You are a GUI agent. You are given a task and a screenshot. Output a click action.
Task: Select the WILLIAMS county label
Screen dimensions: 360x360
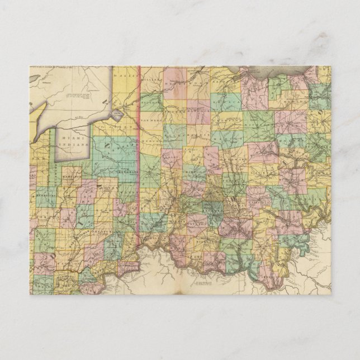tap(152, 80)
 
